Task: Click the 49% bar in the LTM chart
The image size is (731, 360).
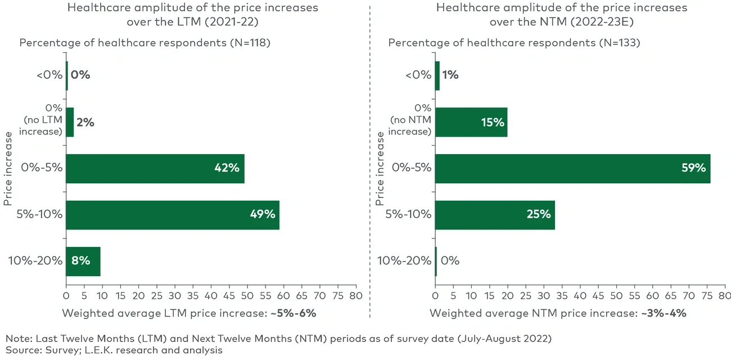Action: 173,214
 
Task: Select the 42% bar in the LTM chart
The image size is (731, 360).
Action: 155,168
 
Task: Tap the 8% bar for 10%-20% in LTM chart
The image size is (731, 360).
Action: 83,261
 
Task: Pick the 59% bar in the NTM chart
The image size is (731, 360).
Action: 572,168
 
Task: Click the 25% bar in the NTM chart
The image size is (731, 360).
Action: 495,214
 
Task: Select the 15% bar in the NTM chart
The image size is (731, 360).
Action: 471,121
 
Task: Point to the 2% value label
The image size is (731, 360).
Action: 85,122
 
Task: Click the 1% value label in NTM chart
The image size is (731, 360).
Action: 450,75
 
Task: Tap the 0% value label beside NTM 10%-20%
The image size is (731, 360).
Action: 450,261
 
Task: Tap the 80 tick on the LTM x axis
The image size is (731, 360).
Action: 355,295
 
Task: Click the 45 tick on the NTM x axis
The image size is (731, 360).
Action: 598,295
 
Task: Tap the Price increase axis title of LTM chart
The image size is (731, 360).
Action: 8,168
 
